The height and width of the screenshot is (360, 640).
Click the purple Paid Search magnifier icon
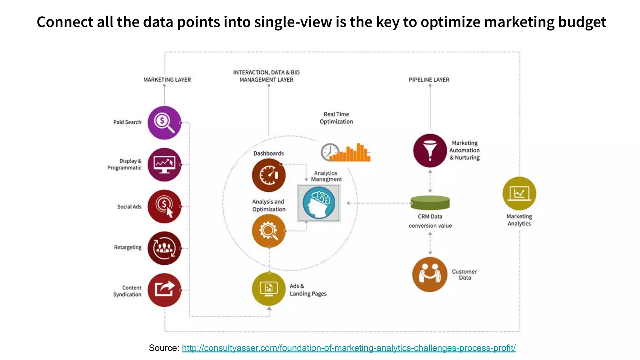164,122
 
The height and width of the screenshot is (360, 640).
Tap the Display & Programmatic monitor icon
164,164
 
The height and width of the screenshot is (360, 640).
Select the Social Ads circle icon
164,206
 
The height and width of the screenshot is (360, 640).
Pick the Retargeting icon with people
164,248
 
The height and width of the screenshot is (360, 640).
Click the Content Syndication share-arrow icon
164,290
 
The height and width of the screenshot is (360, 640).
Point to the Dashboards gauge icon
268,175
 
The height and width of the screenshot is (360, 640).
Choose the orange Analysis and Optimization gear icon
268,231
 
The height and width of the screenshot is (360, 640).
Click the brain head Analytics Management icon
319,203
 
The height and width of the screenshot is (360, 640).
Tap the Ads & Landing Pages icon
268,289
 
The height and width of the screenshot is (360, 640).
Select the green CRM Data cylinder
430,203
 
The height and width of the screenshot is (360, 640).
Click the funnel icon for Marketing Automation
430,150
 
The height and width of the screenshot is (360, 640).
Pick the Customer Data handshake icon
430,274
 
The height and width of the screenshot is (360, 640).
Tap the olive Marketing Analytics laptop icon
519,193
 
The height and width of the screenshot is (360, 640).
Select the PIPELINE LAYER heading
429,80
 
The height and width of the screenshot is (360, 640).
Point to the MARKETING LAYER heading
167,80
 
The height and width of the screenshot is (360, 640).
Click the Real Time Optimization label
336,118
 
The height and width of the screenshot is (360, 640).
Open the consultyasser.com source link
348,348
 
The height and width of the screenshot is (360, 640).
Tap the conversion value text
430,226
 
